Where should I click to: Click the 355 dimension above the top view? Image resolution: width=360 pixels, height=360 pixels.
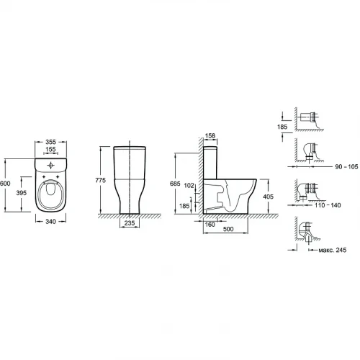coord(50,142)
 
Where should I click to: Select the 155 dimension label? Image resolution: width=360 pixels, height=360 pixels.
coord(50,149)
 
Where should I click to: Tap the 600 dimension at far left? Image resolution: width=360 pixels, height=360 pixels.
coord(5,184)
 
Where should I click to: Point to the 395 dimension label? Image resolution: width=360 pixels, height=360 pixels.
coord(22,193)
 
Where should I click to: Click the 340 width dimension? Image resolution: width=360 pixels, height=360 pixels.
coord(50,222)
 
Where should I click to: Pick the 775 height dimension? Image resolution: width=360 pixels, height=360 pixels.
coord(100,180)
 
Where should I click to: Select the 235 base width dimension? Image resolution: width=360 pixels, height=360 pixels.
coord(130,223)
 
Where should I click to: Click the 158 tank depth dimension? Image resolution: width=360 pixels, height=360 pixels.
coord(210,136)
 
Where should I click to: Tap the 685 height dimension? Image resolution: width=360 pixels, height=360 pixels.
coord(175,184)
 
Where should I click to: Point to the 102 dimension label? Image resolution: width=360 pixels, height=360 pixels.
coord(189,185)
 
